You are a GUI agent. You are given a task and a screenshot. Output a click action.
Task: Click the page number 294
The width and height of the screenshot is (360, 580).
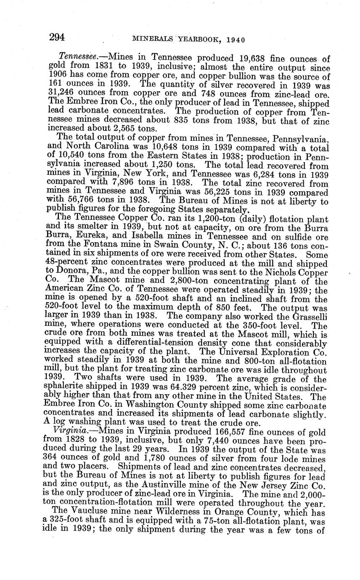tap(57, 37)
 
